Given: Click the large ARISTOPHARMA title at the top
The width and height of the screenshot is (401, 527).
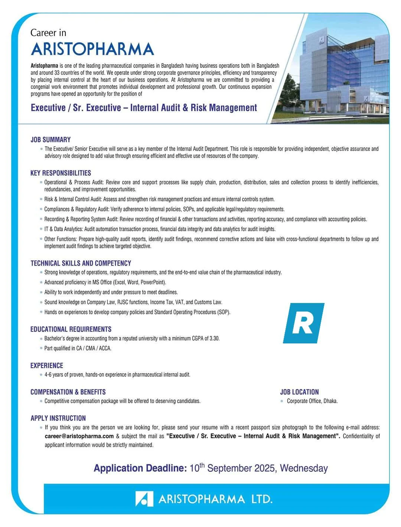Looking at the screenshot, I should tap(92, 49).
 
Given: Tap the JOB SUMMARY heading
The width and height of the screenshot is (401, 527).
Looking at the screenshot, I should tap(50, 139).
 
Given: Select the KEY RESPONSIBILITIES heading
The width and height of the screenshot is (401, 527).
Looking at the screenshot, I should tap(61, 173).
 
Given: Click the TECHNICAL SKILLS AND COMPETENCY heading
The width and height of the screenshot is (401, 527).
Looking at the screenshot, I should tap(81, 263).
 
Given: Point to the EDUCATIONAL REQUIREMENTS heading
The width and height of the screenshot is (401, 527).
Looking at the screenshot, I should tap(71, 329).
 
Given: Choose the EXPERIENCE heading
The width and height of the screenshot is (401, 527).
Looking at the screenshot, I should tap(47, 365).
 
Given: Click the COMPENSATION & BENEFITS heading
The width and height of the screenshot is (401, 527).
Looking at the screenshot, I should tap(68, 392).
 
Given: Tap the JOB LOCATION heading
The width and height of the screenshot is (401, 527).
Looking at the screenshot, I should tap(299, 392).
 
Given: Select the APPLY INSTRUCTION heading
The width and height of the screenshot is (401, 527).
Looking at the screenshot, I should tap(58, 418).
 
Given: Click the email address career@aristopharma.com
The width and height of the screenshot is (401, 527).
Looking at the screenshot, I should tap(79, 436).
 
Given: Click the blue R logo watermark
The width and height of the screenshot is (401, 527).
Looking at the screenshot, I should tap(303, 323).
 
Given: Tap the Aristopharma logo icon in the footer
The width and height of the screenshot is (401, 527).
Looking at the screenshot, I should tap(144, 499).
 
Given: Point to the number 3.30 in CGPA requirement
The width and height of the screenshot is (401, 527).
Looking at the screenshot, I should tap(214, 338).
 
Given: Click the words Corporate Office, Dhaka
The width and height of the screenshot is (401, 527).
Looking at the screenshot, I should tap(312, 401).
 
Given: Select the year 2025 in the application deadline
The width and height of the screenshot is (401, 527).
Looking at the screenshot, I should tap(264, 468).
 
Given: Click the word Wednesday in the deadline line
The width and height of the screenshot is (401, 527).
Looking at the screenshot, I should tap(304, 468).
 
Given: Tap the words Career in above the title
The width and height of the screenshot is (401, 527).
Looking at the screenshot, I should tap(48, 33).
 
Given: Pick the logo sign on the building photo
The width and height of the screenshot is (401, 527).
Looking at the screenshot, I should tap(322, 40).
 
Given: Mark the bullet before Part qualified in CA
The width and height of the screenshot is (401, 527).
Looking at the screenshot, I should tap(41, 348).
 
